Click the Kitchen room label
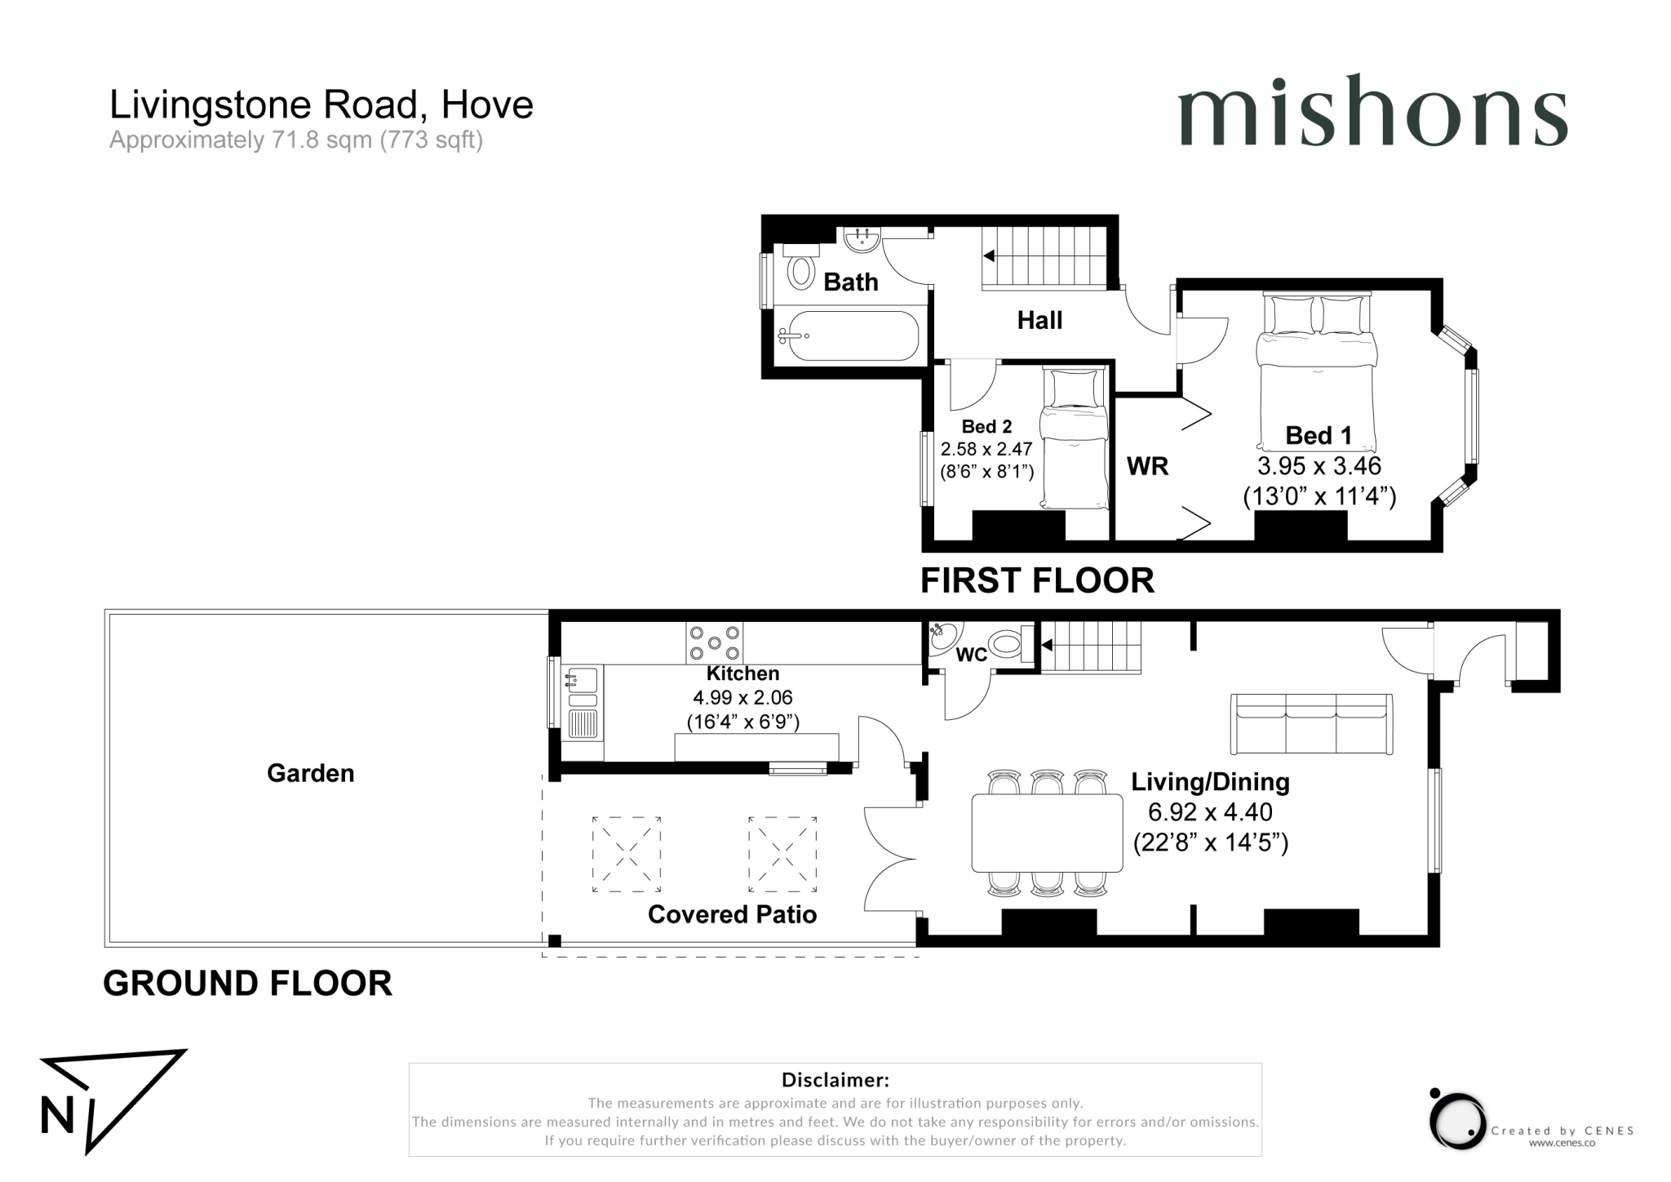pyautogui.click(x=742, y=673)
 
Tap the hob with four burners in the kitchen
pyautogui.click(x=715, y=642)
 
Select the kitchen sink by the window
pyautogui.click(x=582, y=680)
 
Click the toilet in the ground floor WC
pyautogui.click(x=1007, y=643)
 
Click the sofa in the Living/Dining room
pyautogui.click(x=1310, y=724)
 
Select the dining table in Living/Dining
pyautogui.click(x=1047, y=832)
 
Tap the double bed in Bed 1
pyautogui.click(x=1316, y=375)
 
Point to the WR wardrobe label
pyautogui.click(x=1147, y=466)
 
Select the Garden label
pyautogui.click(x=310, y=773)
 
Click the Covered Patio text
pyautogui.click(x=732, y=914)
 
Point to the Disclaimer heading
pyautogui.click(x=835, y=1080)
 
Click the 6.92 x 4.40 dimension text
pyautogui.click(x=1209, y=812)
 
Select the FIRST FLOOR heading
pyautogui.click(x=1037, y=580)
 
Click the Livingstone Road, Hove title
pyautogui.click(x=321, y=104)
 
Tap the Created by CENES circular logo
pyautogui.click(x=1457, y=1120)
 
